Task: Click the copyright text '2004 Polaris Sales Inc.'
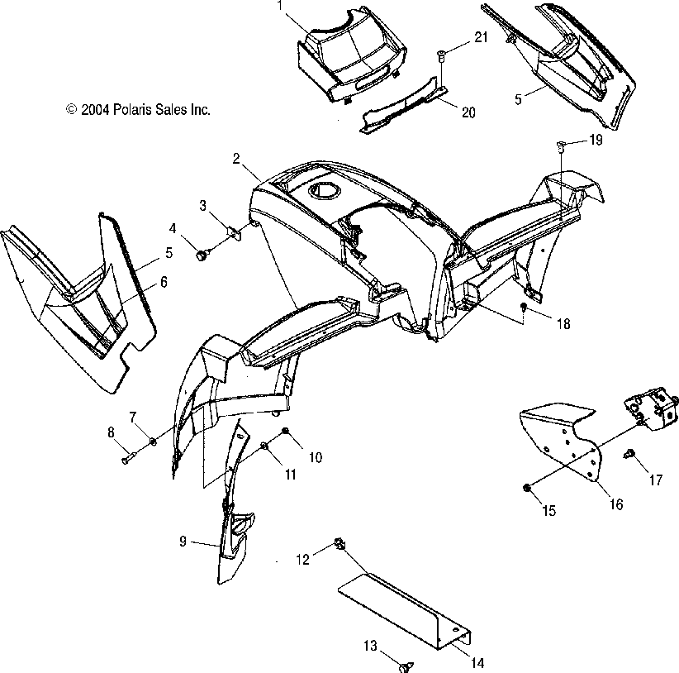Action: pyautogui.click(x=138, y=109)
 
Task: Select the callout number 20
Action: pyautogui.click(x=468, y=112)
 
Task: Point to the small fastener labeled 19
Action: pyautogui.click(x=561, y=146)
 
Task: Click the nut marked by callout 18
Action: pyautogui.click(x=524, y=307)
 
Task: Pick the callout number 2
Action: pyautogui.click(x=236, y=158)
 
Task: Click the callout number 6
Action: pyautogui.click(x=164, y=282)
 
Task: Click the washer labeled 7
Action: pyautogui.click(x=154, y=442)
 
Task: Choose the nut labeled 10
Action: pyautogui.click(x=285, y=432)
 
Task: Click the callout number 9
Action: pyautogui.click(x=183, y=542)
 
